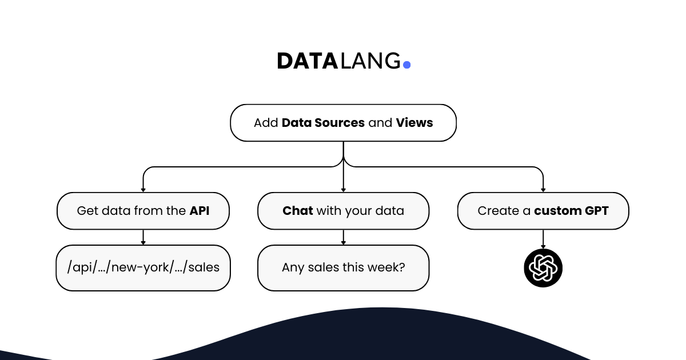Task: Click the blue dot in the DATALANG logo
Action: coord(406,65)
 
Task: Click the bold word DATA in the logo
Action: coord(308,61)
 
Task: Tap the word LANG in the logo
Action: coord(370,61)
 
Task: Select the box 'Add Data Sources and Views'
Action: coord(343,123)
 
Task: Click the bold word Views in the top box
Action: coord(414,123)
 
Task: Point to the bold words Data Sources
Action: coord(323,123)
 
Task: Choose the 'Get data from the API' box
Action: coord(143,211)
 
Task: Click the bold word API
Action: coord(200,211)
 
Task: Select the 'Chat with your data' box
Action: coord(343,211)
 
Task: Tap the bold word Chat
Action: coord(297,211)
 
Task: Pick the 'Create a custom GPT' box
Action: coord(543,211)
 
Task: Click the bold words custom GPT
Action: coord(571,211)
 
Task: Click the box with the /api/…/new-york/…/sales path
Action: coord(143,268)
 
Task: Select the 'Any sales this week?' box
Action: coord(343,268)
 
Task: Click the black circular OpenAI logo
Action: coord(543,267)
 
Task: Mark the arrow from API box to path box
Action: coord(143,237)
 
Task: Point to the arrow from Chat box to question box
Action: coord(343,237)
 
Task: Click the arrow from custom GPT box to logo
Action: coord(543,239)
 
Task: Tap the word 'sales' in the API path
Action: coord(204,268)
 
